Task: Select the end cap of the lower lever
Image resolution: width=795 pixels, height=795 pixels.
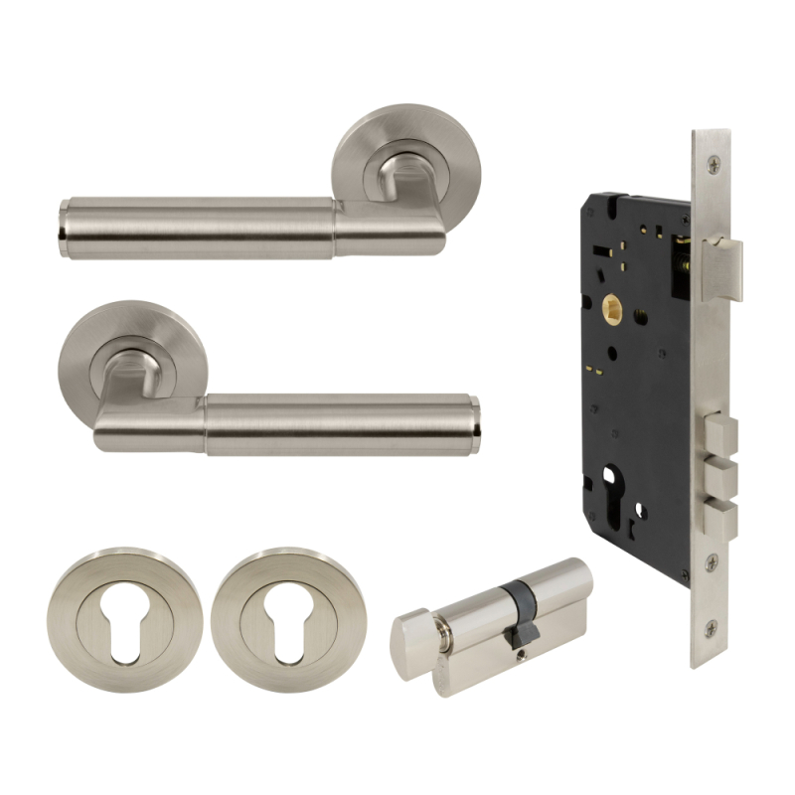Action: (474, 425)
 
